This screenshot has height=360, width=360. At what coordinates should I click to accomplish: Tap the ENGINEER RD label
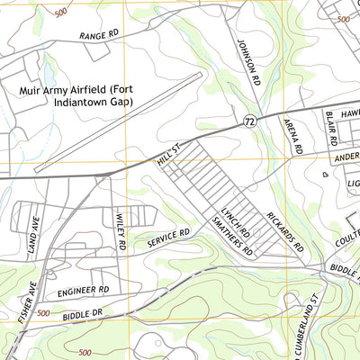click(82, 292)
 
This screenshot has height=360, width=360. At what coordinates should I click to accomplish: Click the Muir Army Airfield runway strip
click(117, 121)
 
